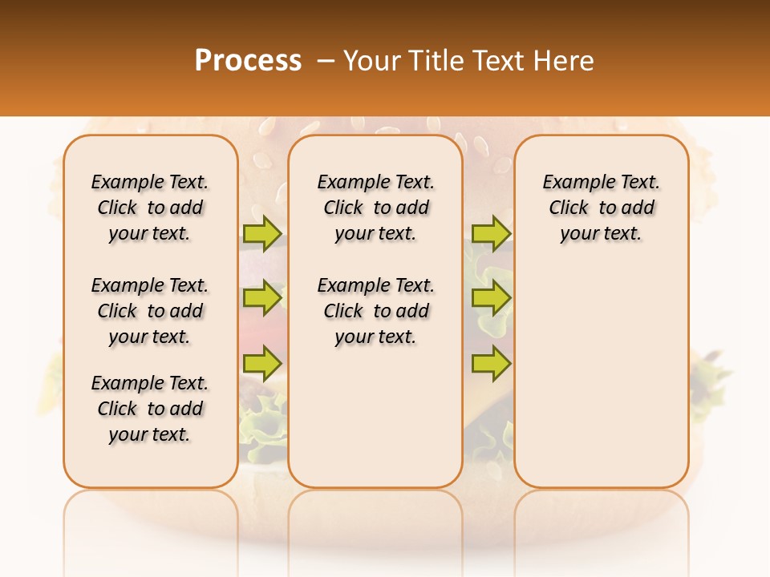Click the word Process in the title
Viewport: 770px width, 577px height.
tap(248, 60)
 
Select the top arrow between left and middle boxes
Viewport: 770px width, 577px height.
tap(261, 233)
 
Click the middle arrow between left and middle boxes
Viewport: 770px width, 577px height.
tap(261, 299)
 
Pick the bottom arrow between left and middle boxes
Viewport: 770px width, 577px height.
tap(261, 364)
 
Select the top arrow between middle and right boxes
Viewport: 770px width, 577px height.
tap(491, 233)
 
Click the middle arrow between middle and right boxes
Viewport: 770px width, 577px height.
tap(491, 299)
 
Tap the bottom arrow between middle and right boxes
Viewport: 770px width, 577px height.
tap(491, 364)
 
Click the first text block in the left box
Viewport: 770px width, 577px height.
tap(150, 208)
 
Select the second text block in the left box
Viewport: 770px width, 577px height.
tap(150, 311)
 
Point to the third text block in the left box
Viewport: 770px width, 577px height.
tap(150, 409)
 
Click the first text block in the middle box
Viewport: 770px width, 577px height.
tap(375, 208)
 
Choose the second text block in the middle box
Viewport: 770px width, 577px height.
tap(375, 311)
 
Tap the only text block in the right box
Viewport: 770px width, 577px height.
tap(602, 208)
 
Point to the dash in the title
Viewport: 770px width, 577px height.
tap(326, 60)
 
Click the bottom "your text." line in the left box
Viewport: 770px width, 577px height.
tap(150, 434)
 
